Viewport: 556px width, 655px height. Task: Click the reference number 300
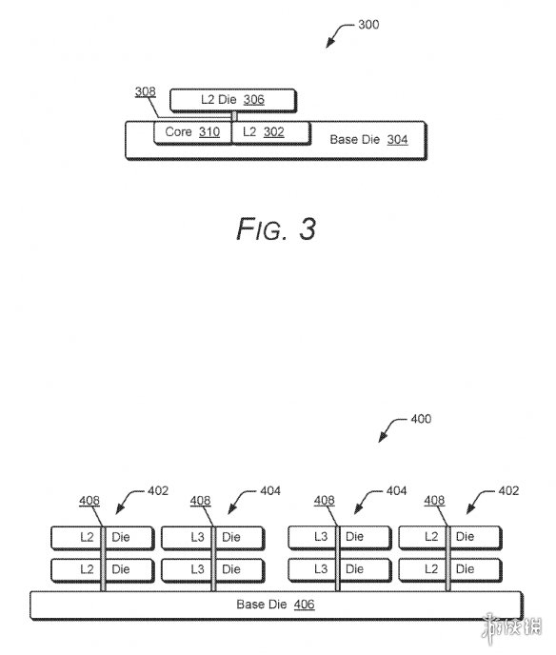(x=368, y=25)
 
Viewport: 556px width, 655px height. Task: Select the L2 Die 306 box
(x=233, y=100)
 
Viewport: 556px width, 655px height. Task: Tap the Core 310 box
(x=192, y=132)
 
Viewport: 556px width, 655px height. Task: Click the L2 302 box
(x=270, y=132)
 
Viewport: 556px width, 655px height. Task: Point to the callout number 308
(x=146, y=91)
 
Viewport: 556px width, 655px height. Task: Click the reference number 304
(x=397, y=140)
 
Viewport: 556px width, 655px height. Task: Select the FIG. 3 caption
(x=276, y=228)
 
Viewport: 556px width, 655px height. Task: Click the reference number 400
(x=421, y=419)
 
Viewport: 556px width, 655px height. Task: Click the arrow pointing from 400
(x=390, y=428)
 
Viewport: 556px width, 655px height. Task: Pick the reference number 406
(x=304, y=605)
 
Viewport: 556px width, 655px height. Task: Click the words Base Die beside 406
(x=262, y=605)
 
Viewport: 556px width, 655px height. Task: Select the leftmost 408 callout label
(x=89, y=501)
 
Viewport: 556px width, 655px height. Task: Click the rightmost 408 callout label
(x=434, y=501)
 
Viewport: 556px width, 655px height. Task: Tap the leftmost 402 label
(x=158, y=491)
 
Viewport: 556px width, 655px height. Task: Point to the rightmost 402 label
(x=508, y=491)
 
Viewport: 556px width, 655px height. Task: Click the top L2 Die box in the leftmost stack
(x=103, y=538)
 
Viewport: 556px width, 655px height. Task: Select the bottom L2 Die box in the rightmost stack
(x=450, y=570)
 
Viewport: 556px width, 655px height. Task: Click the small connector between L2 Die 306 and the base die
(x=234, y=116)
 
